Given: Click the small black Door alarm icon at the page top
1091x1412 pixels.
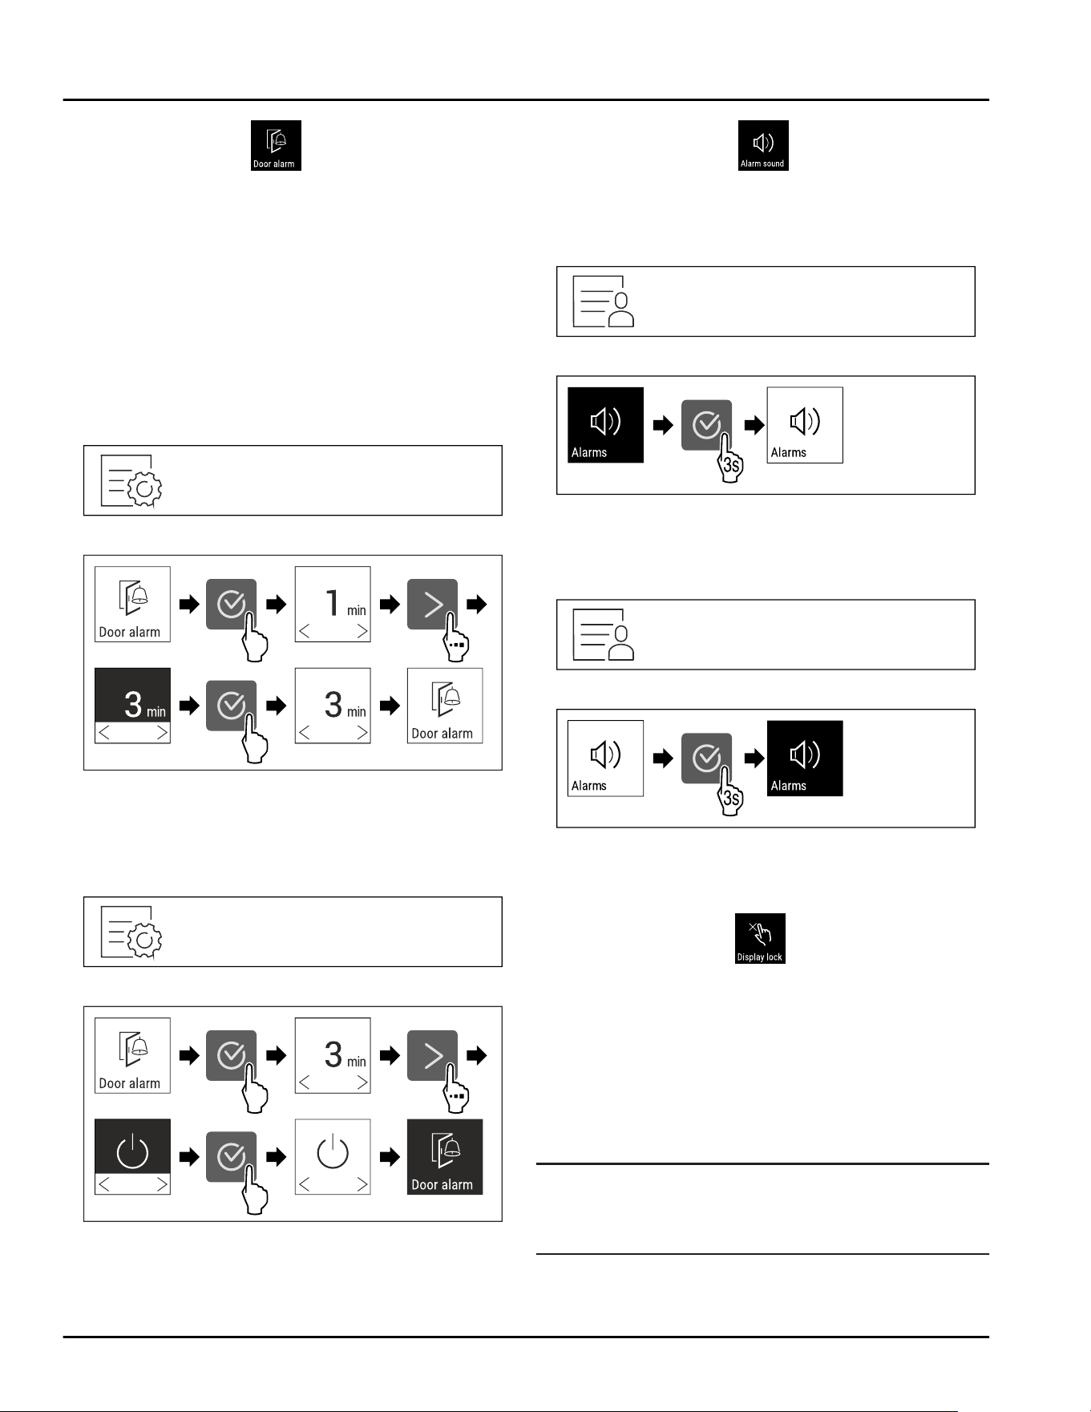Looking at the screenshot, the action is (276, 145).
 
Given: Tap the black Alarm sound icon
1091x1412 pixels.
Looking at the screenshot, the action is (763, 145).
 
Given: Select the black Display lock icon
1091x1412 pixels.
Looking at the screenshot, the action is (760, 938).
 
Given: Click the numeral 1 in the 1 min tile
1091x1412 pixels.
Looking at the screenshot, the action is (333, 603).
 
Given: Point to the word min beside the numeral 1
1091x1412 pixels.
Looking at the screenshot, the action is (356, 611).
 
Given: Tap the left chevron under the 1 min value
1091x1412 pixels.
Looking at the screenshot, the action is (305, 632).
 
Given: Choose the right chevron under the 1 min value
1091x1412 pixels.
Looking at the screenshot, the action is (362, 632).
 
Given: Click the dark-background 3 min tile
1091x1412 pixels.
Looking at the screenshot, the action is (132, 706).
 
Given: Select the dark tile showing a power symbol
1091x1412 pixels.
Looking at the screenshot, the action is (132, 1157).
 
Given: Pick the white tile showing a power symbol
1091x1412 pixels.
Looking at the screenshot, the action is (333, 1157).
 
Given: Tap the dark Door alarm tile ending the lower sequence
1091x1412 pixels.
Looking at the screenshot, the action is (445, 1157).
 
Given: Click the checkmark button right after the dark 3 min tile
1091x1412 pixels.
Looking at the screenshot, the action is (232, 706).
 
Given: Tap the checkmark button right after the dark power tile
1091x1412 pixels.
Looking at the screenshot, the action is (232, 1157).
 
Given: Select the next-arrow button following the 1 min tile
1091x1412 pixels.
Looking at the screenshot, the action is (433, 604).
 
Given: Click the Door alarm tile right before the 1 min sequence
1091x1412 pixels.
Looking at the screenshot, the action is (132, 604).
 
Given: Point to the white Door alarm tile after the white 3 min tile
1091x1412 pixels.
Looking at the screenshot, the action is (445, 706).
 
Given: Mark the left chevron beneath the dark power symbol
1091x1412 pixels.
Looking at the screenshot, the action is (104, 1184).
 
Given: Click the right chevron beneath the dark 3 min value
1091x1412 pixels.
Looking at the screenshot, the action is (162, 733).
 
